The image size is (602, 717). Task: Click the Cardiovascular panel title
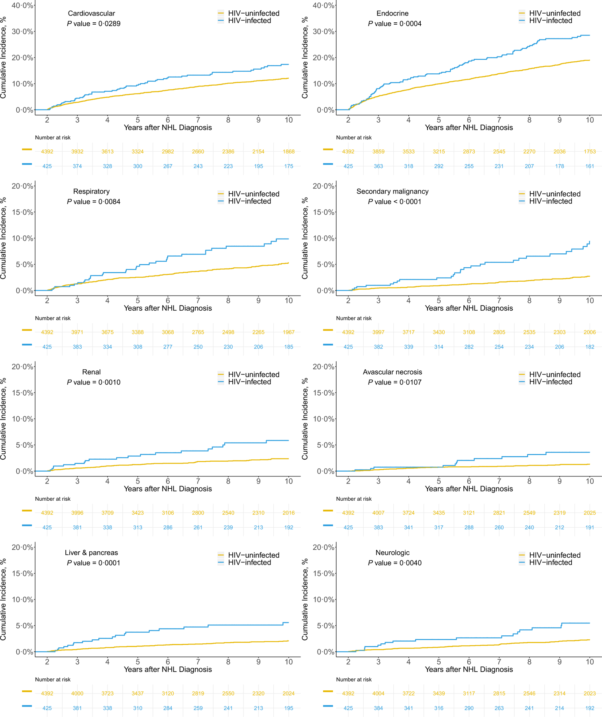(x=91, y=14)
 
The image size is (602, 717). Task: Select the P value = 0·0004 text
(x=394, y=24)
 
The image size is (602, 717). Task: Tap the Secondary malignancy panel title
(x=392, y=192)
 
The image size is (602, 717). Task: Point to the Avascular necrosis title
(x=392, y=372)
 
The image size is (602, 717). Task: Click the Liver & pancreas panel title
(x=91, y=553)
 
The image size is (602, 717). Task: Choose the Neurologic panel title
(x=392, y=553)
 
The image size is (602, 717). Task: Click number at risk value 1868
(x=288, y=152)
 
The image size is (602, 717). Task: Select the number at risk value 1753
(x=590, y=152)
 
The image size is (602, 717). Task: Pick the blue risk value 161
(x=590, y=167)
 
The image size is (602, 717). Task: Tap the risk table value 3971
(x=77, y=332)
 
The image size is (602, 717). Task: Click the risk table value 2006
(x=590, y=332)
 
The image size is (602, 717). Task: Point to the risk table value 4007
(x=378, y=513)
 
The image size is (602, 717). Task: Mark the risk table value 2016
(x=288, y=513)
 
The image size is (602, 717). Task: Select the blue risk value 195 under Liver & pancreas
(x=288, y=708)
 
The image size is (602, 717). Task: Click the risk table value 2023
(x=590, y=693)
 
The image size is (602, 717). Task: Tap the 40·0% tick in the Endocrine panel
(x=324, y=6)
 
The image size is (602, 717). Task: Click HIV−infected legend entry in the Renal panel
(x=249, y=382)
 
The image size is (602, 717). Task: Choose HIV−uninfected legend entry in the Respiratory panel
(x=253, y=194)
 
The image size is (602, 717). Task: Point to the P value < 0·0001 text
(x=394, y=202)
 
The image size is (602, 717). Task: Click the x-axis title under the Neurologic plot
(x=469, y=670)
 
